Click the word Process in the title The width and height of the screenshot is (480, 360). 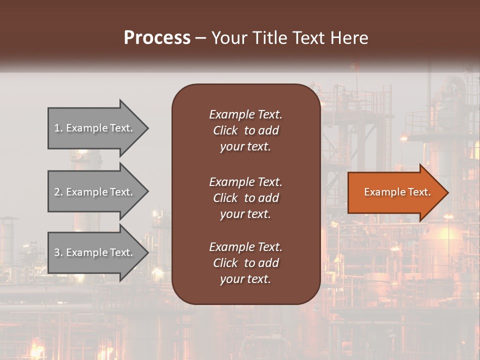click(x=157, y=38)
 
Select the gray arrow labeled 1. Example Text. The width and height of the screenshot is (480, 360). click(x=95, y=128)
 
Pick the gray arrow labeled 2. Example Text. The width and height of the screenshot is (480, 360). click(x=95, y=192)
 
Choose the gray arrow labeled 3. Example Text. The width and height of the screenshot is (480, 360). click(x=95, y=252)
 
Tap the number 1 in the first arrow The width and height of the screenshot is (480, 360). click(x=57, y=128)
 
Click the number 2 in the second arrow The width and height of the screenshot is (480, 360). click(x=57, y=192)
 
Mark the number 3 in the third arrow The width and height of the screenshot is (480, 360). click(x=57, y=252)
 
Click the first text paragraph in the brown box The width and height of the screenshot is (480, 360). click(x=245, y=130)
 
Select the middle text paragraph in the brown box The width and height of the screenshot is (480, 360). click(x=245, y=198)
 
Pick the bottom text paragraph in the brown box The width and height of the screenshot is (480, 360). click(x=245, y=263)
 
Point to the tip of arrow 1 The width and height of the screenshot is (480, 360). click(x=147, y=128)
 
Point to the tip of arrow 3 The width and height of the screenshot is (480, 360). click(x=147, y=252)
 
